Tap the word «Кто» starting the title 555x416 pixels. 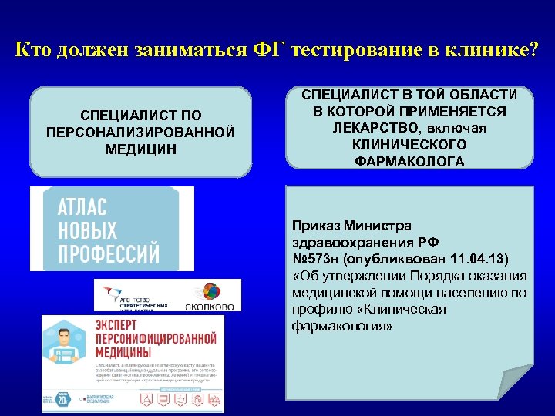(x=34, y=51)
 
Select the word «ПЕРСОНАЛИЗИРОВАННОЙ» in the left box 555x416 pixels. (x=140, y=132)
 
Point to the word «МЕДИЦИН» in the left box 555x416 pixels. (x=140, y=147)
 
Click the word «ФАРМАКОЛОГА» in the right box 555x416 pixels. (x=409, y=161)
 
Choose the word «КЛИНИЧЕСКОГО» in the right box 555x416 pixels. (x=409, y=144)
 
